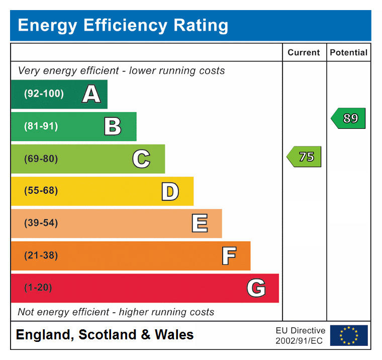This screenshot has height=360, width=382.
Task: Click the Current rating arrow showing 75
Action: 304,157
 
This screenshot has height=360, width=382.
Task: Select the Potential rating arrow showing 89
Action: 348,118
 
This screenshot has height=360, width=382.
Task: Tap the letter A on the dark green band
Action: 91,94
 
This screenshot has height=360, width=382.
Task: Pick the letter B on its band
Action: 113,126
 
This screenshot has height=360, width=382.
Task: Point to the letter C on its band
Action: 141,159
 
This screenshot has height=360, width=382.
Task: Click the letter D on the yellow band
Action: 170,191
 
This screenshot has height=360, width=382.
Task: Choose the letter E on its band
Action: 200,223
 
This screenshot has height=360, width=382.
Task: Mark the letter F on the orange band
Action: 229,256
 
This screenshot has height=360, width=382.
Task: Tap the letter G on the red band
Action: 256,288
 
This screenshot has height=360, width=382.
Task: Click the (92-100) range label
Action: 44,94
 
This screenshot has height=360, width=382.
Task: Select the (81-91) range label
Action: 41,126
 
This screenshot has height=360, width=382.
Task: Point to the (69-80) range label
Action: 41,159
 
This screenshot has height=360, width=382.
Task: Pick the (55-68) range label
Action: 41,191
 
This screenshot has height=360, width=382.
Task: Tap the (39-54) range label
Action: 41,223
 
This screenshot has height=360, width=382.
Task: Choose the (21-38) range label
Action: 41,255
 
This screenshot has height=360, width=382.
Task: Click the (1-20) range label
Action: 38,287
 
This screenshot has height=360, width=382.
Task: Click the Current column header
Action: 304,52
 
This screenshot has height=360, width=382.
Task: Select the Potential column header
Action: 348,52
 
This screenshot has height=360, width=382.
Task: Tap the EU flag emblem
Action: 349,335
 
